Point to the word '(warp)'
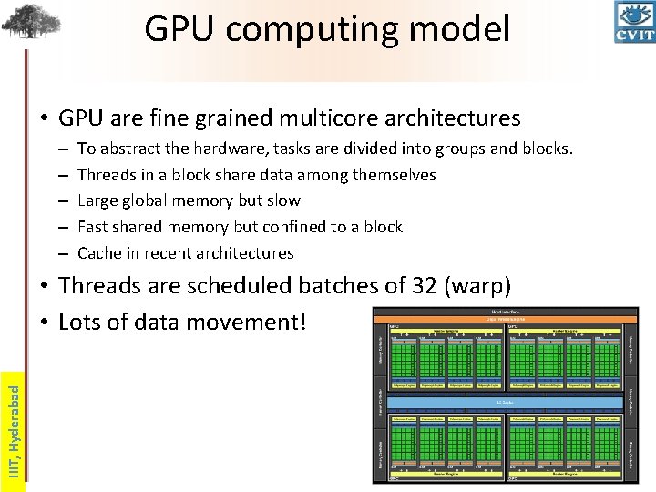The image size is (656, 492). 484,286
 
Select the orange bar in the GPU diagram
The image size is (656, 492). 505,319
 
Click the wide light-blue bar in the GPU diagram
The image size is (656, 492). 505,401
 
